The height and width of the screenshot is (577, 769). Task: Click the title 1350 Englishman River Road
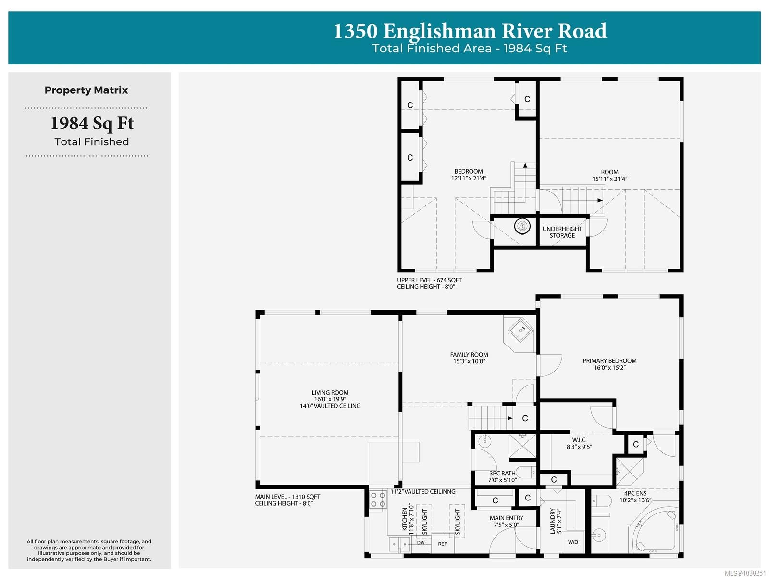click(470, 31)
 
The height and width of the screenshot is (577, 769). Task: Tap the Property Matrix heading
click(86, 90)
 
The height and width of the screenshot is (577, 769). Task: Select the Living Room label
click(330, 393)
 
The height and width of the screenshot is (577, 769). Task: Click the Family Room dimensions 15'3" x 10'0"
click(469, 361)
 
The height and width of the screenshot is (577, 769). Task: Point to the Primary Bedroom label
click(609, 360)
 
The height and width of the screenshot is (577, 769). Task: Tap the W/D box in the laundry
click(573, 542)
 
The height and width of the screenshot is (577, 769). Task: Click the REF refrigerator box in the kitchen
click(442, 544)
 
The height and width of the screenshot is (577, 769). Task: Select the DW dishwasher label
click(421, 543)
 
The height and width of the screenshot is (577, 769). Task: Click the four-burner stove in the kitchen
click(378, 500)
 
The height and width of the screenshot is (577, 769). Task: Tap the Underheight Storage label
click(562, 232)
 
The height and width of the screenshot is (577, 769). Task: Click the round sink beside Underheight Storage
click(522, 226)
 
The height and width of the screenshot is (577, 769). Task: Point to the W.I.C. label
click(579, 440)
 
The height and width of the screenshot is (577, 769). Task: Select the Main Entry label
click(506, 518)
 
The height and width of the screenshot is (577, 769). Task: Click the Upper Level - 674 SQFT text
click(429, 280)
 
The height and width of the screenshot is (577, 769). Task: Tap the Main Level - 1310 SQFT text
click(287, 497)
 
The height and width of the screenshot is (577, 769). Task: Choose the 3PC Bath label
click(502, 473)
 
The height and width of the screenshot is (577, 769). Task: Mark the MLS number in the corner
click(745, 573)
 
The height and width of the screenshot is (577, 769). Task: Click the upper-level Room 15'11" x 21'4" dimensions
click(609, 179)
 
